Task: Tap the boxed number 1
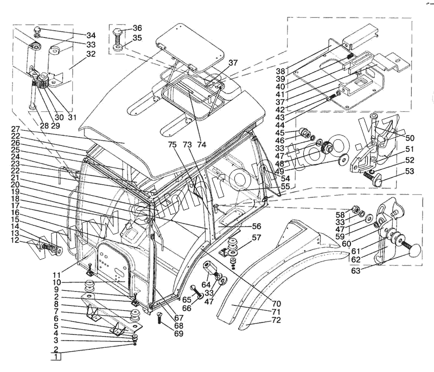(56, 356)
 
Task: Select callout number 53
(410, 171)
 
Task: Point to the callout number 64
(206, 284)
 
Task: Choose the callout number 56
(256, 226)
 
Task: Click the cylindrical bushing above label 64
(209, 268)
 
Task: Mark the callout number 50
(410, 138)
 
